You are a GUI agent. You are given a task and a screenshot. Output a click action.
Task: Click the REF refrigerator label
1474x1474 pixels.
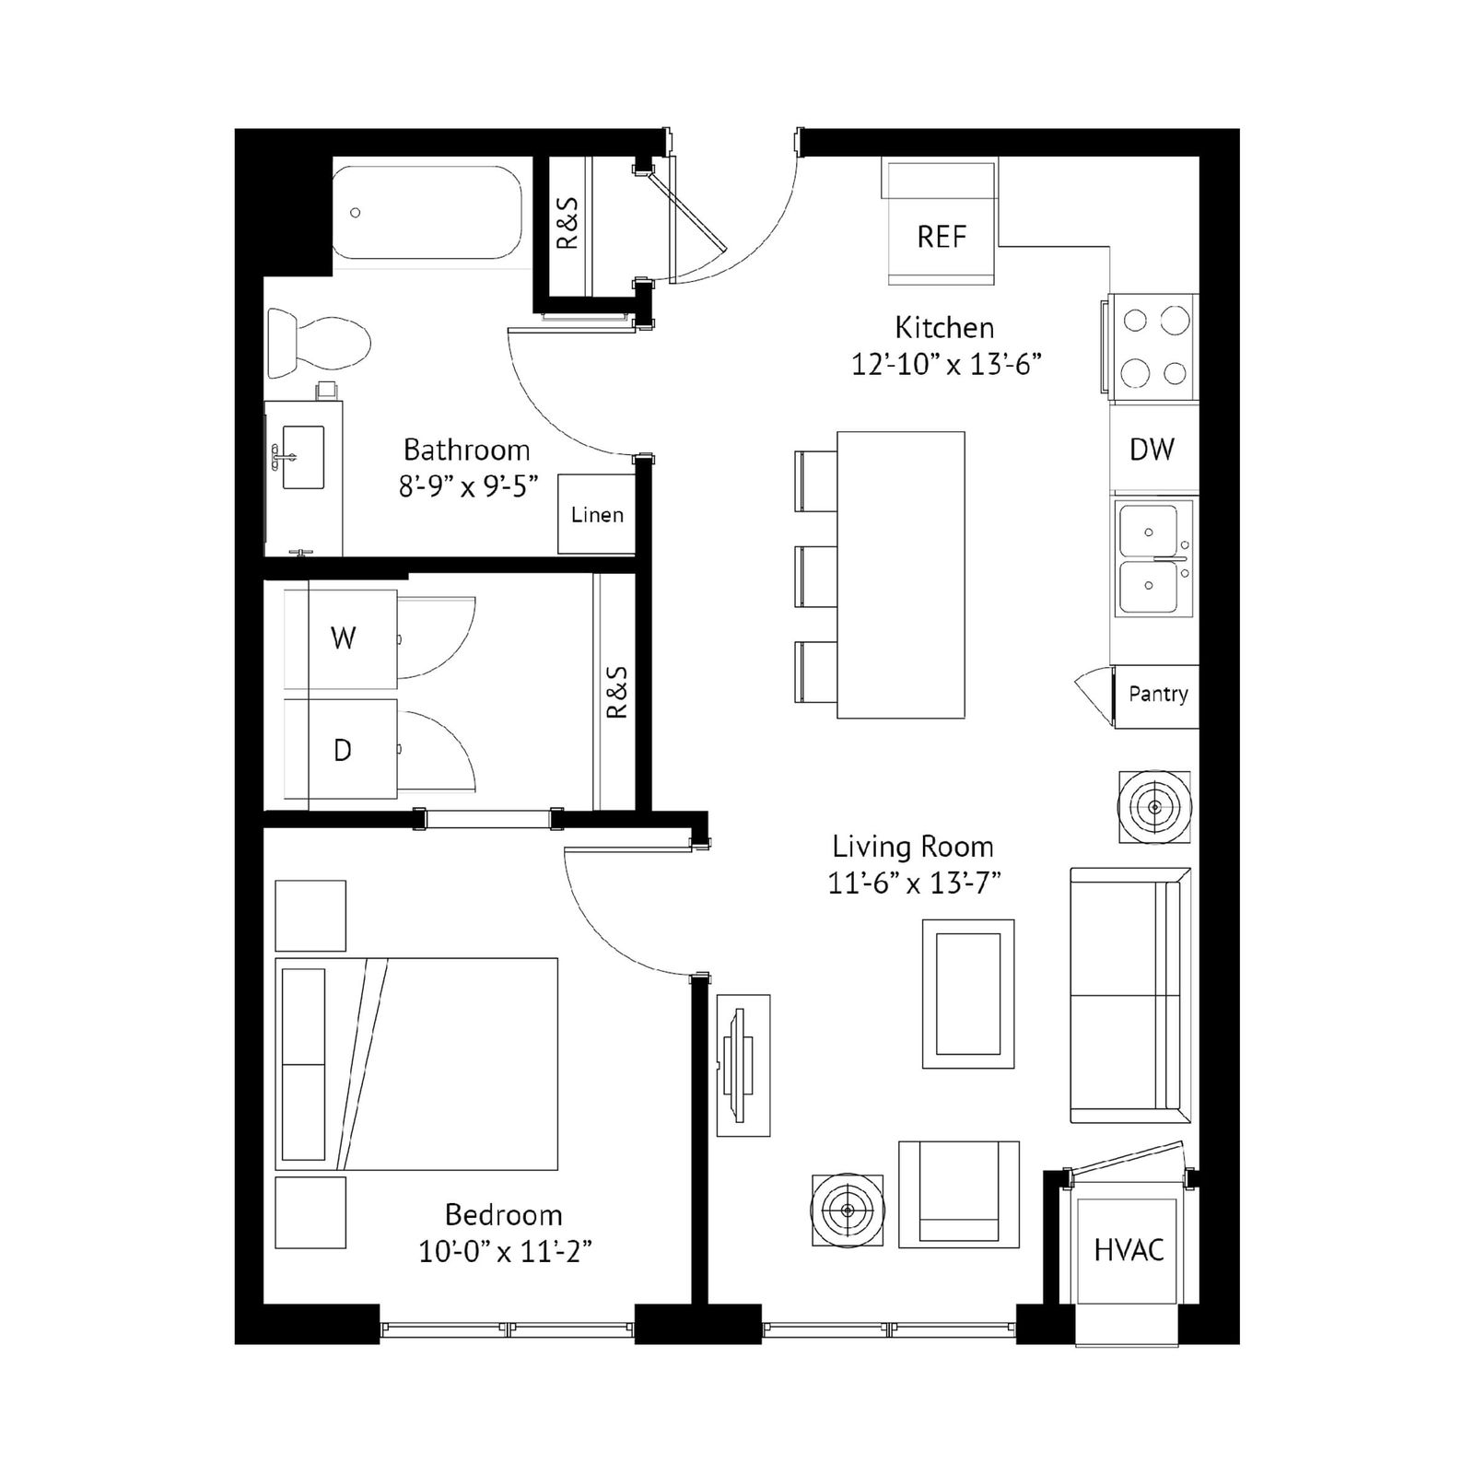[x=942, y=237]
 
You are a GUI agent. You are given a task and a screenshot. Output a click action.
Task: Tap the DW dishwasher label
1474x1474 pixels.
[x=1152, y=450]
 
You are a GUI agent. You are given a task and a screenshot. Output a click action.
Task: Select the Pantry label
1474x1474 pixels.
[x=1158, y=694]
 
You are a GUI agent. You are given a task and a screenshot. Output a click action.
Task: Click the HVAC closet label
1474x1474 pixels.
[x=1129, y=1250]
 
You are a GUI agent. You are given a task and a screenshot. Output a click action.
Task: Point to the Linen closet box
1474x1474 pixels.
[x=597, y=514]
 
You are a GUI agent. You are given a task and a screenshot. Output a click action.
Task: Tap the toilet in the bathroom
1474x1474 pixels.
[x=319, y=343]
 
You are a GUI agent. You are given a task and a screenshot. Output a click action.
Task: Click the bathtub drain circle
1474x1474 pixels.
[x=356, y=213]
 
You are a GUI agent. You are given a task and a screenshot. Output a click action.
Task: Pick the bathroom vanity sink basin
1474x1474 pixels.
[x=303, y=457]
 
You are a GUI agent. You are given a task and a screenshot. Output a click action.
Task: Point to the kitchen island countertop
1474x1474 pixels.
[x=901, y=575]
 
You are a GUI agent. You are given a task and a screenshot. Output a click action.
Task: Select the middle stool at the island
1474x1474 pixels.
[x=816, y=576]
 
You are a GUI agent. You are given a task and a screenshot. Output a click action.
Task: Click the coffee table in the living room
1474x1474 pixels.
[x=968, y=994]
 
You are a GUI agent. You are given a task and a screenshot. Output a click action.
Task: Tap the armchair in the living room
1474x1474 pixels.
[x=959, y=1195]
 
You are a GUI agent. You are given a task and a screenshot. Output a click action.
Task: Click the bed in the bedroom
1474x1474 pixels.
[x=416, y=1064]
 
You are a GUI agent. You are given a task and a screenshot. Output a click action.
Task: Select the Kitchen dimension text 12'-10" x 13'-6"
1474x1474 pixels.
[x=946, y=365]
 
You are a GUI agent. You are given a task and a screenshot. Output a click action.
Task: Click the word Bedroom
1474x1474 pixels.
[x=503, y=1215]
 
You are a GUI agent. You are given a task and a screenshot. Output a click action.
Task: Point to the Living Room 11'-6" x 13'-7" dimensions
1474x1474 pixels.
[x=914, y=883]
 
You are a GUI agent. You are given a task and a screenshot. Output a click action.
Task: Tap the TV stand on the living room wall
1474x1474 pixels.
[x=743, y=1065]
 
